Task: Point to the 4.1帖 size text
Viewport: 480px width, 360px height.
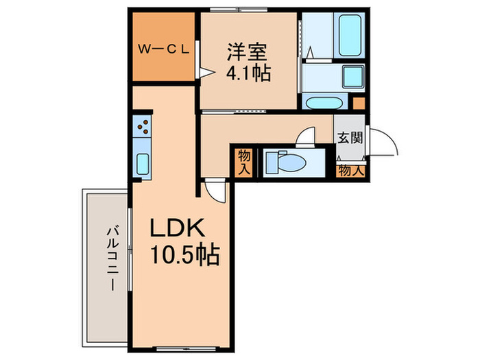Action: [246, 71]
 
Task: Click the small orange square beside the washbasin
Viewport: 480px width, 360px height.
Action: [358, 103]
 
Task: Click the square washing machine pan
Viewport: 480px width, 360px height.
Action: [350, 77]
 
